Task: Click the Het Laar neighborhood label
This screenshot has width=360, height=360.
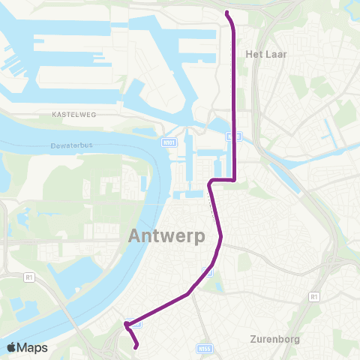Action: point(267,55)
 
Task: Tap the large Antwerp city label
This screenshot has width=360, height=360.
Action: point(167,235)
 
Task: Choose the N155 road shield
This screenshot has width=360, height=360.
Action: point(206,348)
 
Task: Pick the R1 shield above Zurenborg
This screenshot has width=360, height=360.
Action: point(313,297)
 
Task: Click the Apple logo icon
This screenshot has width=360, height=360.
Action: point(12,347)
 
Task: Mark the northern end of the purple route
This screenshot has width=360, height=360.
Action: point(226,12)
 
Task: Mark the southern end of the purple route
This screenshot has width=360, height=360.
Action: point(136,346)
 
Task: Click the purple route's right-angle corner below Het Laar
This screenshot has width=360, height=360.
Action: point(235,180)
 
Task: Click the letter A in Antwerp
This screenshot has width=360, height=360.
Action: point(136,235)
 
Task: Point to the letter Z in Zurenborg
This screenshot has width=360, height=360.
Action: point(252,339)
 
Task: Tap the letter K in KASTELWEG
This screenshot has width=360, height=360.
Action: point(55,115)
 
